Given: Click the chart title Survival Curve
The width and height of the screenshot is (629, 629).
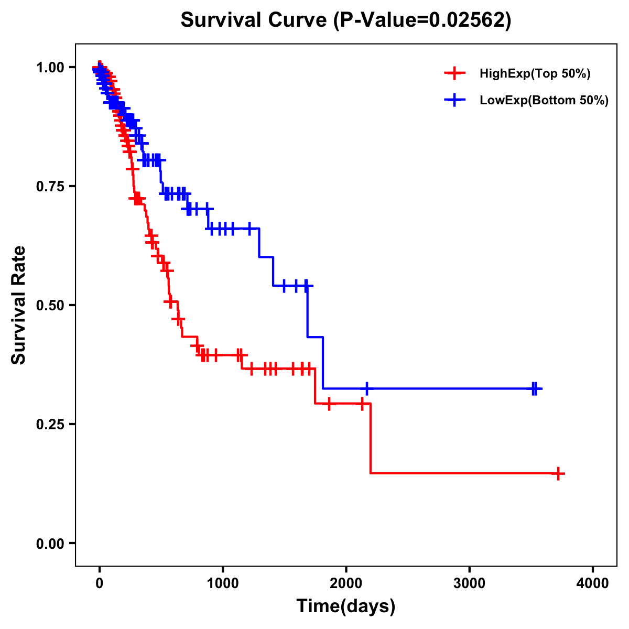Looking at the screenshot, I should tap(255, 20).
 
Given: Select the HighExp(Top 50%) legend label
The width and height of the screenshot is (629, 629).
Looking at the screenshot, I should tap(535, 74).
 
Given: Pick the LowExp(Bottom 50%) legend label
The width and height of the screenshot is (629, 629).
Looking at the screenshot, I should tap(544, 101).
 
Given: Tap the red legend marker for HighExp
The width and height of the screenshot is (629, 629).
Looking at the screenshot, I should tap(454, 73).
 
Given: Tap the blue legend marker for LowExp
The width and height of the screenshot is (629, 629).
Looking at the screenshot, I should tap(454, 100).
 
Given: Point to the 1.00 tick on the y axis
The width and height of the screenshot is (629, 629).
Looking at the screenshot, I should tap(50, 67).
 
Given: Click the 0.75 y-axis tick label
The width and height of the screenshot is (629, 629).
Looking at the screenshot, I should tap(50, 186).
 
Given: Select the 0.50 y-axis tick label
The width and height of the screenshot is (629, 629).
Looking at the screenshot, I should tap(50, 305).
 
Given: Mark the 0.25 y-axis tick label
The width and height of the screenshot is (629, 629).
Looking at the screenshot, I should tap(50, 424).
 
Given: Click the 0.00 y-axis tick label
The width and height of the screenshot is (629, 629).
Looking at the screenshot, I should tap(50, 543).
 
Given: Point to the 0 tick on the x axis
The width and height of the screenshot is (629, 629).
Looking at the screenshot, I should tap(99, 583).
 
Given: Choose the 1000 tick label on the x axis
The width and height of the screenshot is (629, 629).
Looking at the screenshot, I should tap(223, 583).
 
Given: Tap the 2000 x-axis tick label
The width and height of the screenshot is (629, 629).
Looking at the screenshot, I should tap(346, 583).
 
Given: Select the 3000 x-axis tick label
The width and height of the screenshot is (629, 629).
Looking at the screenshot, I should tap(469, 583).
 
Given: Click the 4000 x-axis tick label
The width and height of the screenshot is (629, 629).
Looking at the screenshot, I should tap(593, 583).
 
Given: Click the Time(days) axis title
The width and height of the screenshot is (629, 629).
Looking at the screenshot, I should tap(346, 606).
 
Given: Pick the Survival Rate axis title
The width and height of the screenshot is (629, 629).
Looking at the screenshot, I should tap(19, 305).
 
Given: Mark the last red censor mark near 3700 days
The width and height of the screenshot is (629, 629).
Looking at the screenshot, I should tap(559, 473).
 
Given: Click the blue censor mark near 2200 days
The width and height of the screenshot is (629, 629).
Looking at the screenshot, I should tap(366, 388).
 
